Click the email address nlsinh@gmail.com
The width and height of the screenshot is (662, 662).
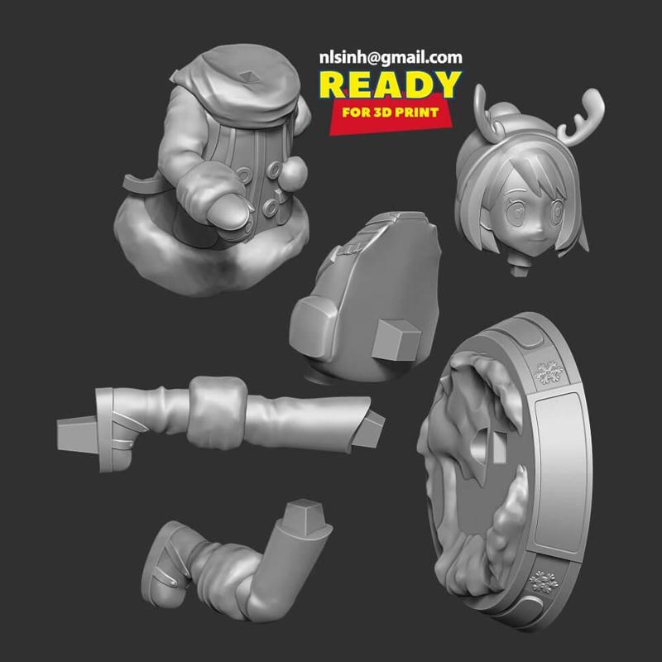(391, 58)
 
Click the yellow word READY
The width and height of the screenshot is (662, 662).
(390, 85)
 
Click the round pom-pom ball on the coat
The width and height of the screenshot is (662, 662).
(292, 172)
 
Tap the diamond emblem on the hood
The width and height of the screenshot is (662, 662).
(247, 77)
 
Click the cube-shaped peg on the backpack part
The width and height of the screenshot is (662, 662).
(396, 340)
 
